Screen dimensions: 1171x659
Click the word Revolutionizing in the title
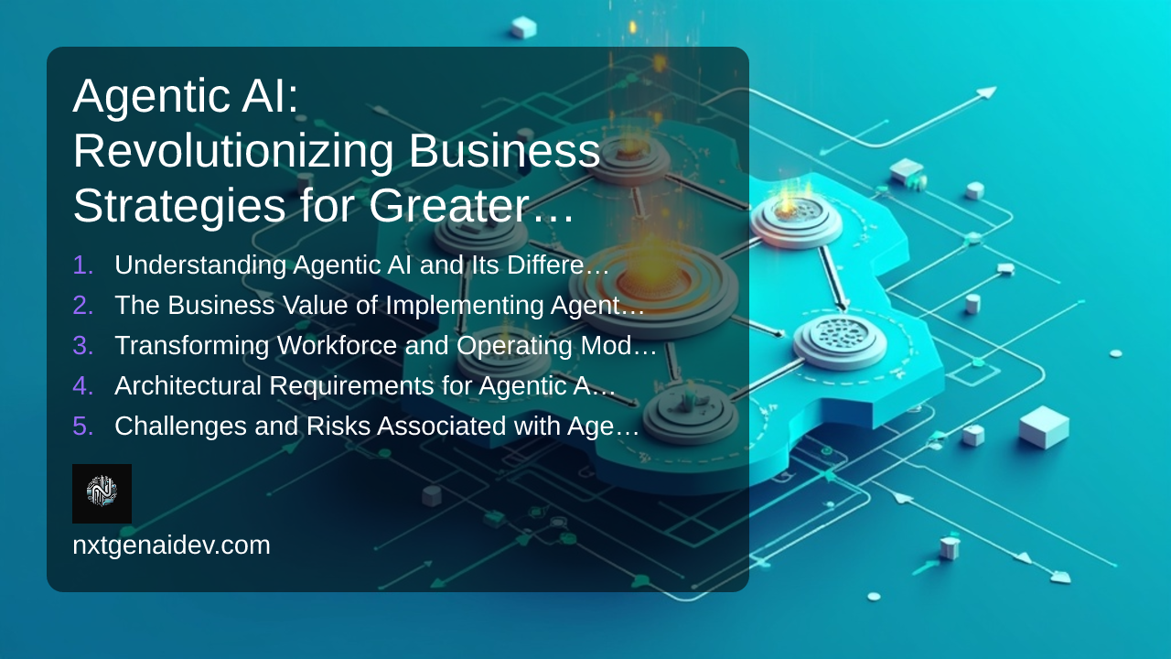pyautogui.click(x=232, y=152)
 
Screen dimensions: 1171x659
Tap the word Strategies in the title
pyautogui.click(x=178, y=207)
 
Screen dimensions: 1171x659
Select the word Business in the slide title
pyautogui.click(x=504, y=151)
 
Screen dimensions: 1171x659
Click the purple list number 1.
pyautogui.click(x=83, y=265)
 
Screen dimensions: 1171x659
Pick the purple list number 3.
pyautogui.click(x=83, y=345)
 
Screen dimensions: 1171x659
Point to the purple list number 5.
pyautogui.click(x=83, y=426)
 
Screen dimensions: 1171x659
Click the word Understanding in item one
pyautogui.click(x=200, y=265)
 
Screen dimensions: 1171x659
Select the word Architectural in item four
pyautogui.click(x=188, y=385)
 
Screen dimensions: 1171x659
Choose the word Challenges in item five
pyautogui.click(x=180, y=427)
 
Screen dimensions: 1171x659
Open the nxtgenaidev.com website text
pyautogui.click(x=171, y=546)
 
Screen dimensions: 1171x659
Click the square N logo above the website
pyautogui.click(x=102, y=493)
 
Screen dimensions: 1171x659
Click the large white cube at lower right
pyautogui.click(x=1044, y=427)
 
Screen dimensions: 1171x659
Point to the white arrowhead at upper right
pyautogui.click(x=986, y=92)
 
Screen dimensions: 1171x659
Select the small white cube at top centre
pyautogui.click(x=523, y=27)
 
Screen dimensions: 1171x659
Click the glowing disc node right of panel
pyautogui.click(x=796, y=219)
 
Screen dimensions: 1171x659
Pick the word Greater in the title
pyautogui.click(x=456, y=206)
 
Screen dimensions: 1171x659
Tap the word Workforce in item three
pyautogui.click(x=337, y=345)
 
